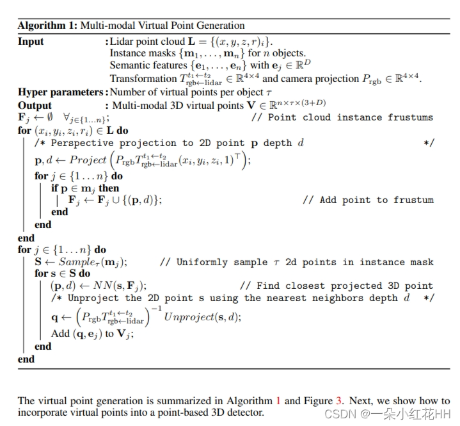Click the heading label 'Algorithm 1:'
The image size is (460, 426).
[x=47, y=26]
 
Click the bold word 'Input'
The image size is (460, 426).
[x=31, y=42]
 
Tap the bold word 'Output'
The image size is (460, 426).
[x=35, y=105]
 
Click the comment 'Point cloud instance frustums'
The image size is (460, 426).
[x=350, y=118]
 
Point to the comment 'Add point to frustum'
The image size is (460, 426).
[x=376, y=200]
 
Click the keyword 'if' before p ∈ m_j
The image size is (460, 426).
[x=55, y=188]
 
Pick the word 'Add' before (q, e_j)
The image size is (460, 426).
[x=61, y=334]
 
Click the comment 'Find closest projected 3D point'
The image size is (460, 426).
[x=345, y=286]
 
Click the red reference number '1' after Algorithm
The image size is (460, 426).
[x=278, y=401]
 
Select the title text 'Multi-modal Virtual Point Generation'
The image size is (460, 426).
[x=162, y=26]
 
